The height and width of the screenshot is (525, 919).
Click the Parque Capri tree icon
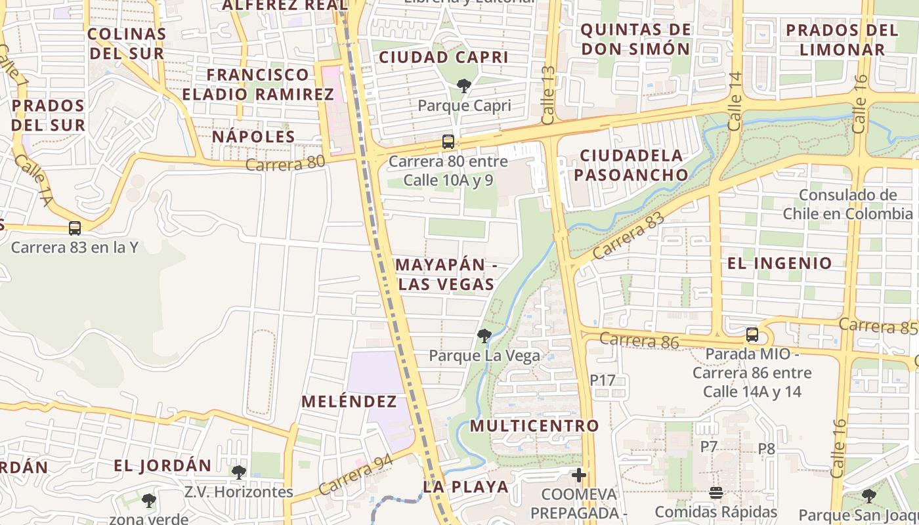(464, 85)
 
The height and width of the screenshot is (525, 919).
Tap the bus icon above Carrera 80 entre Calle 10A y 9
(448, 141)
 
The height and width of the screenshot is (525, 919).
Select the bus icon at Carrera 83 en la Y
(75, 228)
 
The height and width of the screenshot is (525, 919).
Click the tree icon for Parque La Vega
(484, 336)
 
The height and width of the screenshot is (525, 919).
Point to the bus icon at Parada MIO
(752, 335)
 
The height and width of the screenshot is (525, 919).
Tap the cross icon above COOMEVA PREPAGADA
(579, 474)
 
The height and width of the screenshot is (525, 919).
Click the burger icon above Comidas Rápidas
(716, 492)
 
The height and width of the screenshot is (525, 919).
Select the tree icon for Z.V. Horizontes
(239, 472)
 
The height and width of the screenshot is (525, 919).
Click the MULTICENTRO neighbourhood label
(534, 425)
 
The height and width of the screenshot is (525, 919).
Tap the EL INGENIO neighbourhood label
(780, 263)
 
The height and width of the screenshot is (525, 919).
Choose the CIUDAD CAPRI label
(444, 57)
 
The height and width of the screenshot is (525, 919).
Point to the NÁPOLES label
(253, 136)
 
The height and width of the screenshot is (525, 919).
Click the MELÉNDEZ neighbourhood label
(349, 402)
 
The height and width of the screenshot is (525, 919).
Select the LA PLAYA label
(466, 487)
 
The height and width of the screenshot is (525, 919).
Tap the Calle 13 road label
(549, 95)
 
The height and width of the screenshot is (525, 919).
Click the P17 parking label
(603, 379)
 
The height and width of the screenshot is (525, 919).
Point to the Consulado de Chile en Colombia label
(847, 204)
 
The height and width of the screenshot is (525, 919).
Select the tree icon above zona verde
(149, 501)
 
